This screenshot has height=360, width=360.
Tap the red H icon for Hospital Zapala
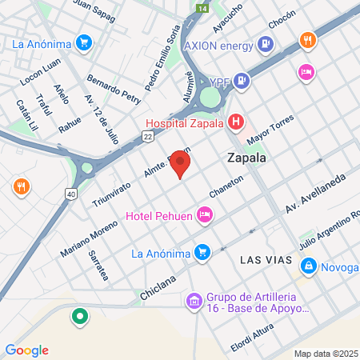click(236, 122)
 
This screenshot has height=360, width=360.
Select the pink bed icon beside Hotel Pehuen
click(206, 214)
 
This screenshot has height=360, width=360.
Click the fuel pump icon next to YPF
click(244, 82)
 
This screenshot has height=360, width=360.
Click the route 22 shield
click(148, 138)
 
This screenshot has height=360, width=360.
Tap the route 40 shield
click(72, 194)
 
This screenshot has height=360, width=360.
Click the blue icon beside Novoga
click(307, 265)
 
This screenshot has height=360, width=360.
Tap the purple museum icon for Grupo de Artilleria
click(194, 301)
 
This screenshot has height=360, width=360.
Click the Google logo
click(26, 350)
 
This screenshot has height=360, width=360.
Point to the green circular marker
click(78, 318)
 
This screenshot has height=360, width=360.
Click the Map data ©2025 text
click(323, 354)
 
